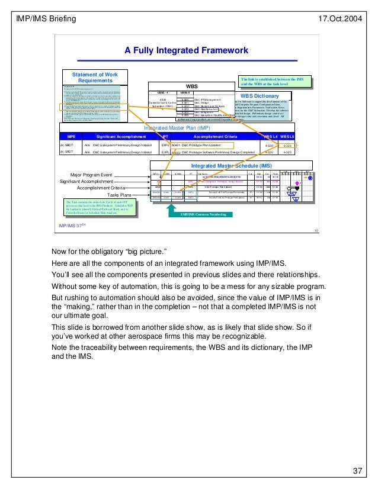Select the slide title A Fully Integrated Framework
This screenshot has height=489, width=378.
pyautogui.click(x=186, y=51)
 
